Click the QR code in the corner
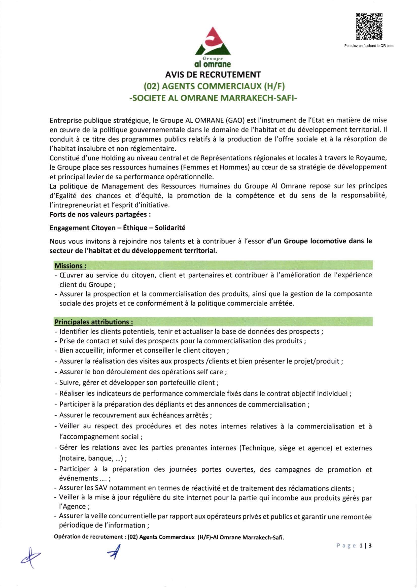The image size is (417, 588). [x=369, y=26]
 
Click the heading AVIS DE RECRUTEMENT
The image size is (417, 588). [x=213, y=75]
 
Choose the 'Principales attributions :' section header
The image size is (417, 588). [x=94, y=322]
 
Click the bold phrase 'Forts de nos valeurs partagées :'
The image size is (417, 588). [x=100, y=214]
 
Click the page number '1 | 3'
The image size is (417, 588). [x=366, y=546]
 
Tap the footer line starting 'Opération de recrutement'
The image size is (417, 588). [x=169, y=537]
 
